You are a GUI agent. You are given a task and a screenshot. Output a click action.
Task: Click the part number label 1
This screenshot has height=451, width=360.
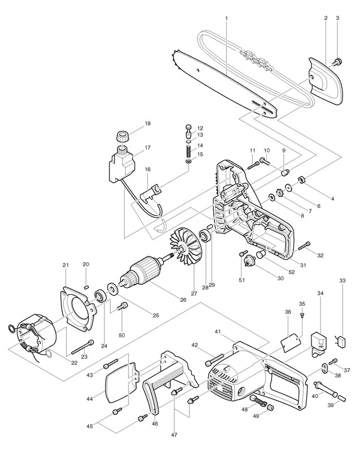click(225, 18)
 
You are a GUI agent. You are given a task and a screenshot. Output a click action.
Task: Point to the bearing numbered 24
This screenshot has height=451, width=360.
click(102, 295)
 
